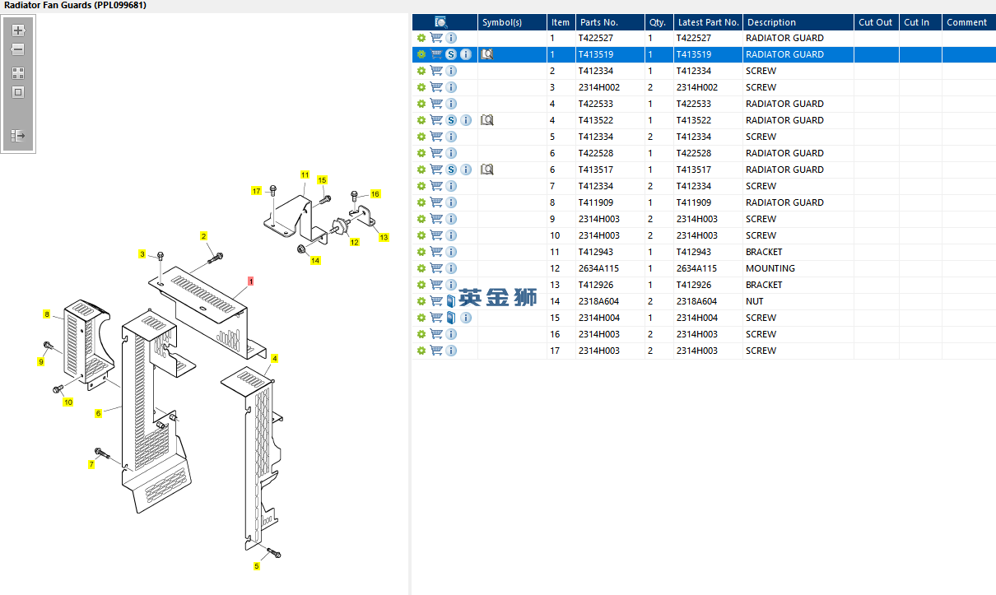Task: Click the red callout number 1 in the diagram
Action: click(x=251, y=281)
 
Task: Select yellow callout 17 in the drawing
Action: click(x=256, y=191)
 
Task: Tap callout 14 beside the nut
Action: click(x=315, y=261)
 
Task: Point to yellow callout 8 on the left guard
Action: click(x=47, y=314)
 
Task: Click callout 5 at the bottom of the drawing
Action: click(x=256, y=566)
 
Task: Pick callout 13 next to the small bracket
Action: click(x=384, y=237)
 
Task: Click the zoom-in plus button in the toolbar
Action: click(x=18, y=30)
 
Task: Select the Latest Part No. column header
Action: click(x=708, y=22)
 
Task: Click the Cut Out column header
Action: click(x=875, y=22)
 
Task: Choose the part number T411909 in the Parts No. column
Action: click(x=595, y=202)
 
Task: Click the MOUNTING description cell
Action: click(x=770, y=268)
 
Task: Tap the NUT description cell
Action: click(x=754, y=301)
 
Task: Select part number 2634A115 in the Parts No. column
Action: click(x=598, y=268)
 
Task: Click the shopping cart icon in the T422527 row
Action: click(x=436, y=38)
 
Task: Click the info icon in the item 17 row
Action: click(x=451, y=351)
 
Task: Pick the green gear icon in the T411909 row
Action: click(x=421, y=202)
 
